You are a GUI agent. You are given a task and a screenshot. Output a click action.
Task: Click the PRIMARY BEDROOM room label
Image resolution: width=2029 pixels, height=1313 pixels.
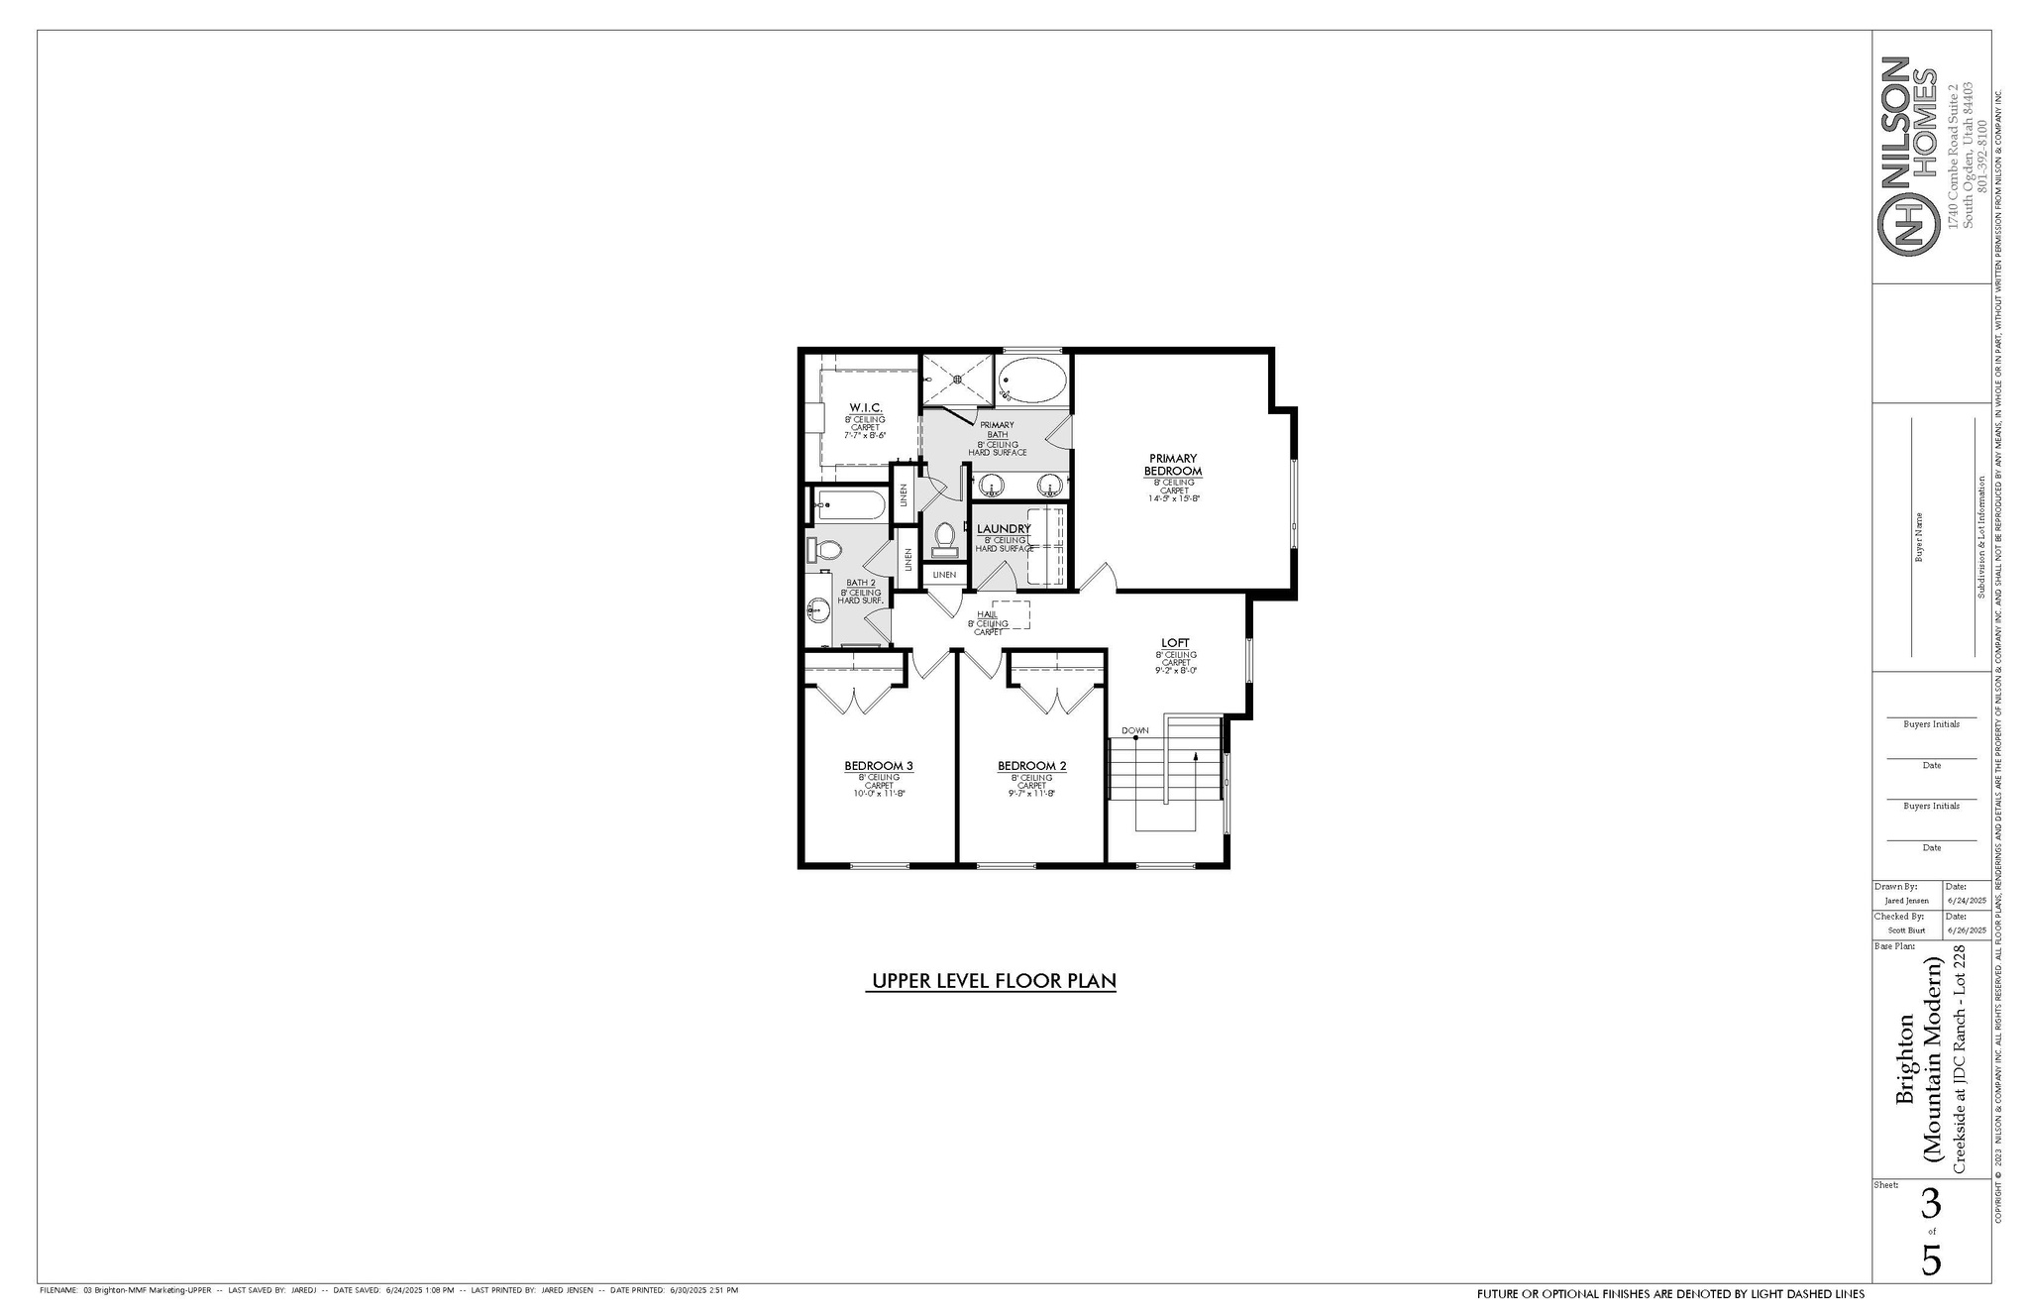(1173, 465)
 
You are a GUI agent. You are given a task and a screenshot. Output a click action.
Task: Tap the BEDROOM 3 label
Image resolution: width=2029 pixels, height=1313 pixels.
(878, 766)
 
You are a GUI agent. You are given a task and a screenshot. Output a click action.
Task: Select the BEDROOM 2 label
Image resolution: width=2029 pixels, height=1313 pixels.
(1031, 766)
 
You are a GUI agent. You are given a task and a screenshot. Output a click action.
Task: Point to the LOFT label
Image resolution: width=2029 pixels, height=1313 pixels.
(1175, 643)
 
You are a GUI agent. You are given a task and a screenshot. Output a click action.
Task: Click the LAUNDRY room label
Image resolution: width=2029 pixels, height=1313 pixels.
(1004, 529)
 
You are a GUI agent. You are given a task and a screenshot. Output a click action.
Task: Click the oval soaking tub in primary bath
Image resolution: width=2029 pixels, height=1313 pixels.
(1032, 380)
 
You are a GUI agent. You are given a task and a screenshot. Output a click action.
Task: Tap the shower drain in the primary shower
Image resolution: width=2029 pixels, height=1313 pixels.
(956, 378)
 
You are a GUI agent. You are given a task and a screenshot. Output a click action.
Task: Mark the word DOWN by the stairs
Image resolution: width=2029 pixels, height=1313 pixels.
(1135, 731)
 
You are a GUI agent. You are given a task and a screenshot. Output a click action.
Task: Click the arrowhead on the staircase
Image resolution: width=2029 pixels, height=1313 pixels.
(1196, 756)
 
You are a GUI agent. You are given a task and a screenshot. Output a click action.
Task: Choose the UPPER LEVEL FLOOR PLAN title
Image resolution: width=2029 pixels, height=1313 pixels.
(993, 981)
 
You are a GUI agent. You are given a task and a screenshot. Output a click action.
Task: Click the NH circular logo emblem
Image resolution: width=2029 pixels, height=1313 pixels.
(1907, 225)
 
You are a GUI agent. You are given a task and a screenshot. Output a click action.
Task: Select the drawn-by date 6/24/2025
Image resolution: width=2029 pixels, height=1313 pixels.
(1967, 901)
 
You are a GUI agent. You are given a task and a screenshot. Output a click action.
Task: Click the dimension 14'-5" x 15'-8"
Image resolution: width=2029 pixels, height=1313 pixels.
(1174, 498)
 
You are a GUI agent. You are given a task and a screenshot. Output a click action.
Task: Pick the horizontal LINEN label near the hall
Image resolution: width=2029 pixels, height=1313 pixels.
(944, 575)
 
